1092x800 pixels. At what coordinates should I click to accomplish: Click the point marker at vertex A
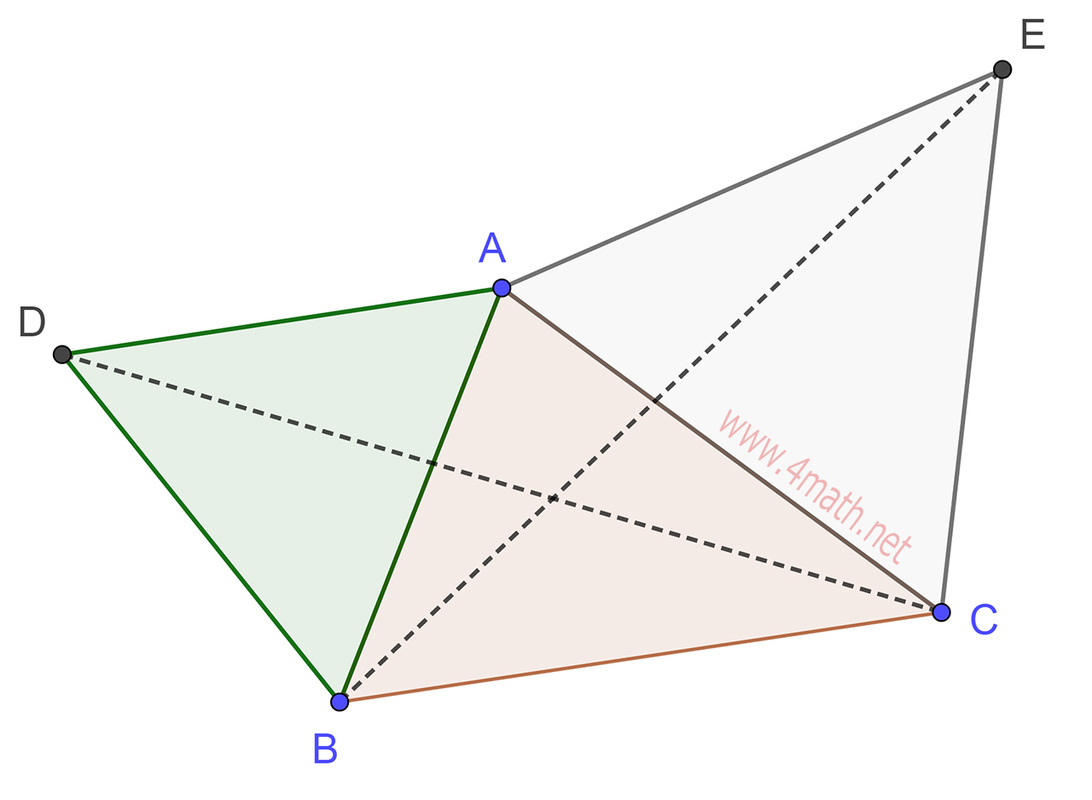point(502,287)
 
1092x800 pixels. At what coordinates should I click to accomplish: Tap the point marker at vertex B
point(340,702)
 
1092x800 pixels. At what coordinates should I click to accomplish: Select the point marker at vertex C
point(941,612)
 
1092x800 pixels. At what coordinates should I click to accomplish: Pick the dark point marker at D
point(62,354)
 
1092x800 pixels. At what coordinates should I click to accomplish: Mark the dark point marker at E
point(1002,69)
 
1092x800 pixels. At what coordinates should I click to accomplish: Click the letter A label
point(492,248)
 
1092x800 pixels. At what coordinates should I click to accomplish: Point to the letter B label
point(325,749)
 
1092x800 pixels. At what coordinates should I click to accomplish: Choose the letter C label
point(983,620)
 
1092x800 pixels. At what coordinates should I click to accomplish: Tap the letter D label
point(32,322)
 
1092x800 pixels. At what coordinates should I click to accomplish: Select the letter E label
point(1032,35)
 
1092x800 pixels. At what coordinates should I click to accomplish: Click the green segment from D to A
point(282,321)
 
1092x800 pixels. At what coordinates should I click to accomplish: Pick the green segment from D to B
point(200,528)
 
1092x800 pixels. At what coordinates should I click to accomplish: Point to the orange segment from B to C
point(640,657)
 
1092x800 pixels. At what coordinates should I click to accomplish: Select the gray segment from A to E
point(751,178)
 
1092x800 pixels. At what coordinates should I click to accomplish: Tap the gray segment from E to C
point(972,341)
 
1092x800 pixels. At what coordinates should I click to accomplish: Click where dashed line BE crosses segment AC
point(655,400)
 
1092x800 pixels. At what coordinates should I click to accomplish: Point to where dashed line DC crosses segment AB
point(433,464)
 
